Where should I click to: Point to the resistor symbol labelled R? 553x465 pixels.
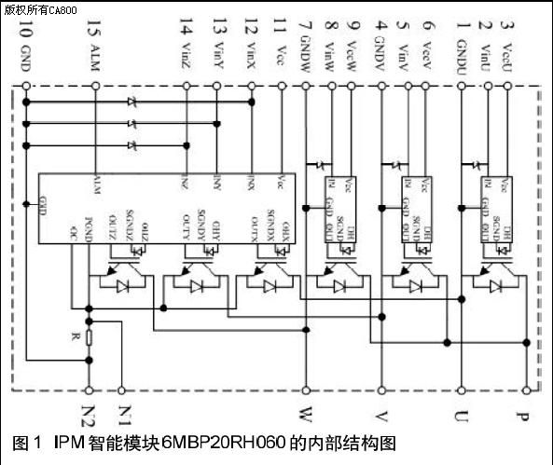click(x=89, y=338)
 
